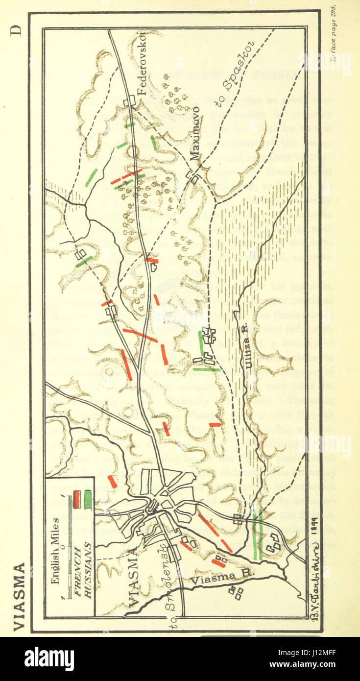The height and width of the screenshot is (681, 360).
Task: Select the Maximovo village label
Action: (195, 133)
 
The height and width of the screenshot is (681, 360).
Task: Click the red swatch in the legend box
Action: (77, 499)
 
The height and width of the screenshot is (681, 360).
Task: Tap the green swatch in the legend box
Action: (88, 499)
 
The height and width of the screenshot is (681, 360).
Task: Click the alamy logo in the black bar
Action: (49, 658)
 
